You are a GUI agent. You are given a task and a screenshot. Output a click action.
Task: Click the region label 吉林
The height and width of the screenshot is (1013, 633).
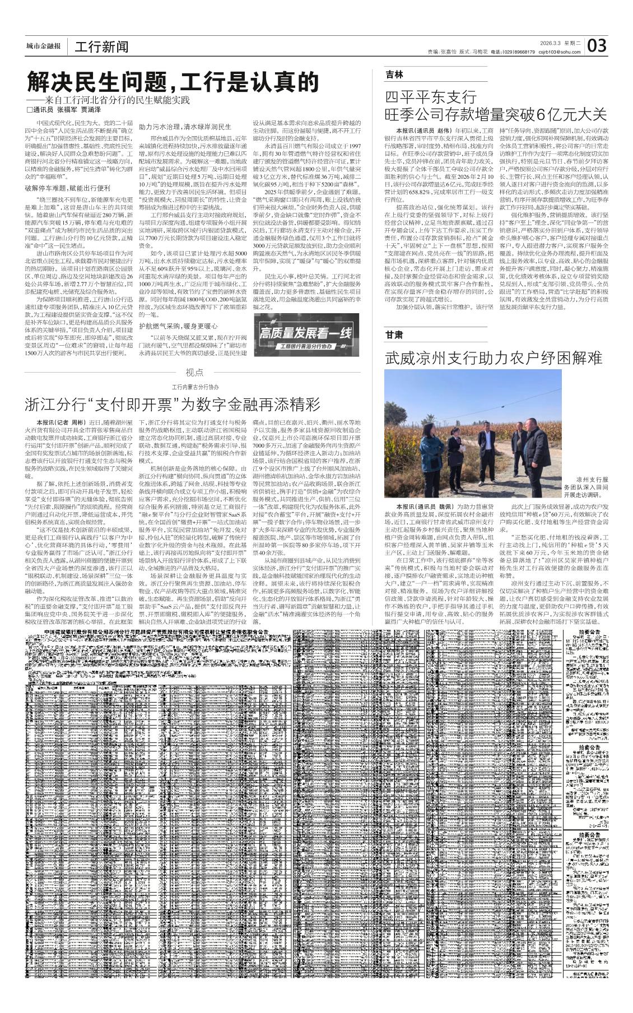click(394, 75)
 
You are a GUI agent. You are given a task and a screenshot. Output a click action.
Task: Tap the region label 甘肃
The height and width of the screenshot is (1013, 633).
click(394, 334)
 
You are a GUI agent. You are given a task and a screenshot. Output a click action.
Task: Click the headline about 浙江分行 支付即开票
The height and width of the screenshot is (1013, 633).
click(172, 403)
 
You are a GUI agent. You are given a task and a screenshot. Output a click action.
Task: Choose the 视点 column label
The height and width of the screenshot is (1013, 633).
click(194, 373)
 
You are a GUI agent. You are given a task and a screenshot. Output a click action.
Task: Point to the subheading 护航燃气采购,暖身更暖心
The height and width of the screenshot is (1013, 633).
click(179, 326)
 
